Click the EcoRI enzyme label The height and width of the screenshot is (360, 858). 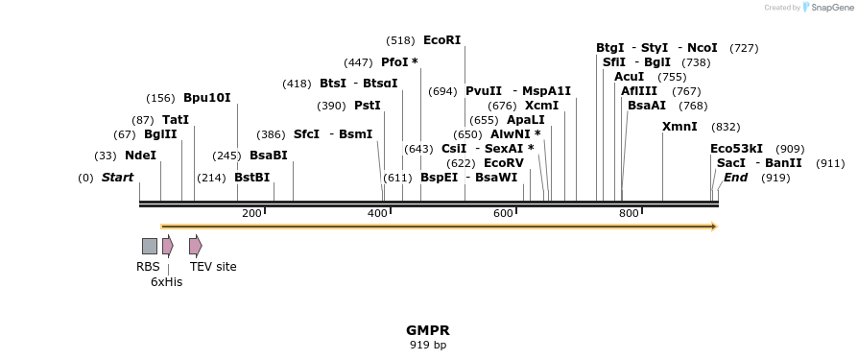tap(441, 40)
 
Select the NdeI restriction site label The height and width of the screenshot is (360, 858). tap(140, 156)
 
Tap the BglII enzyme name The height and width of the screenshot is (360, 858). tap(160, 134)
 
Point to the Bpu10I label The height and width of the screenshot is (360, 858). tap(206, 98)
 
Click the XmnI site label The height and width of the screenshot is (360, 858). tap(679, 127)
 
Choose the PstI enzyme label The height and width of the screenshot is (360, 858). tap(368, 106)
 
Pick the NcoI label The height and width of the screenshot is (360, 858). tap(702, 48)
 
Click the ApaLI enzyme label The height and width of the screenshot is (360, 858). tap(525, 120)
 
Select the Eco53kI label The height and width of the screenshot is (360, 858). tap(736, 149)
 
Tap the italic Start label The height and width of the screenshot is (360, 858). tap(117, 178)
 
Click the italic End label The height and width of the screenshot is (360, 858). tap(735, 178)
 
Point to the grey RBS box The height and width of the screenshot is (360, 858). tap(150, 246)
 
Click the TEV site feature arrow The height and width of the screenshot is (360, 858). tap(195, 246)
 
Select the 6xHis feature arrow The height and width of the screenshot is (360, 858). tap(167, 246)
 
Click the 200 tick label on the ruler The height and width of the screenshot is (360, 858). tap(251, 213)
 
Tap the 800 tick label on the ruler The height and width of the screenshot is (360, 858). tap(629, 213)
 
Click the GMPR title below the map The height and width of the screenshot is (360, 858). tap(428, 330)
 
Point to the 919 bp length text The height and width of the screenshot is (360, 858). tap(428, 345)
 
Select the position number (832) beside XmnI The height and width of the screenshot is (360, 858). tap(726, 127)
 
